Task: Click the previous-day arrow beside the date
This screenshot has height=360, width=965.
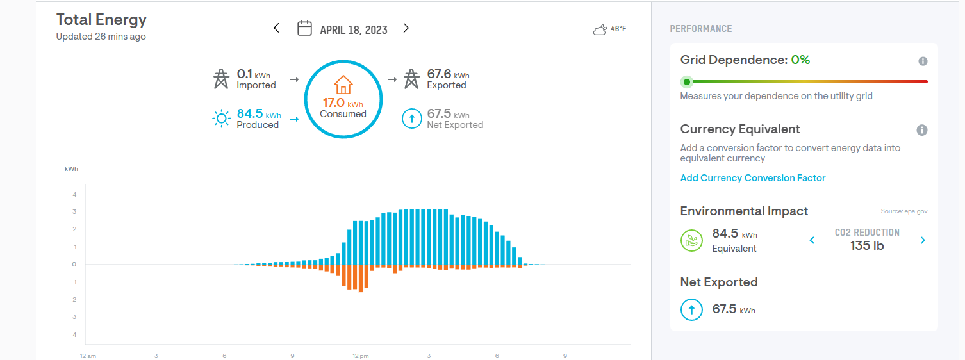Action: pos(276,28)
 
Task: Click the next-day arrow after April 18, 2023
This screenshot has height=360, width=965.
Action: pos(406,28)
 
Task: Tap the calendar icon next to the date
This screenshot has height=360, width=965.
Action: pos(305,28)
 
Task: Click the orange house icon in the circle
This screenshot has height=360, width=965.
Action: pos(343,85)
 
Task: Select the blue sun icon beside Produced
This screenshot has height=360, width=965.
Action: pos(221,119)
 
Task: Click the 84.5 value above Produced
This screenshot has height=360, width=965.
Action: pos(250,113)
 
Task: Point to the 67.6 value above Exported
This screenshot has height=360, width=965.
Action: pos(440,74)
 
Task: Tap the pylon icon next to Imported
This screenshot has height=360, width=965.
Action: pos(221,79)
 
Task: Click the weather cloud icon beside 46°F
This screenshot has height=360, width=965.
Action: pos(600,29)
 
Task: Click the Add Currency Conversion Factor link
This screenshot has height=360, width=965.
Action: pos(753,178)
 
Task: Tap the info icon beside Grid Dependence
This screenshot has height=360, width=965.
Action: pos(923,61)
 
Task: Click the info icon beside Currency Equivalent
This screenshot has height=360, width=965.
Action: pos(922,130)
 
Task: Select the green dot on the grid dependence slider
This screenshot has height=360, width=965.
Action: pos(687,82)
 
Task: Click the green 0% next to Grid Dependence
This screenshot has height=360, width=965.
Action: pos(800,60)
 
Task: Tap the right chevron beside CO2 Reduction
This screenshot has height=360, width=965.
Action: pos(923,240)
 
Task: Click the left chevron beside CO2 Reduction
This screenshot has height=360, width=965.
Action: pos(812,240)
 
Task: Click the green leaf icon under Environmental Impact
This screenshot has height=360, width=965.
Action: pos(691,241)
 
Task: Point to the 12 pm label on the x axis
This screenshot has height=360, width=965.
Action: pos(361,356)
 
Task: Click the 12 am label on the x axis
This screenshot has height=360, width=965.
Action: pos(88,356)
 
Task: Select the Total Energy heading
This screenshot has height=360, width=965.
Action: pos(101,20)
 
